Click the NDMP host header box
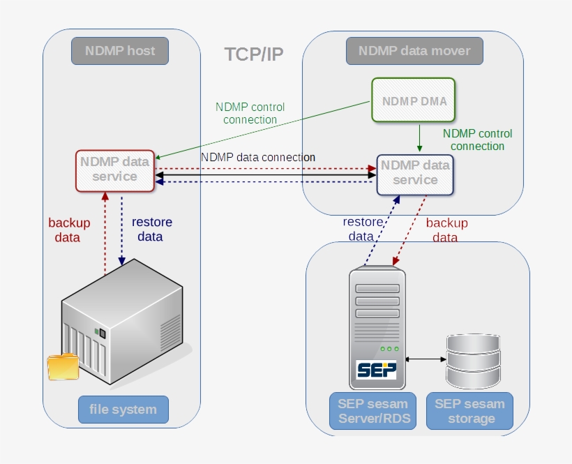tap(120, 51)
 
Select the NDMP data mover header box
tap(414, 51)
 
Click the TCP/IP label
tap(254, 54)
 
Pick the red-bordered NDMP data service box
tap(115, 170)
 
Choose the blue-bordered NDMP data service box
tap(415, 173)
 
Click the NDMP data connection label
tap(258, 157)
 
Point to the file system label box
tap(123, 409)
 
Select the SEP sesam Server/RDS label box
tap(373, 411)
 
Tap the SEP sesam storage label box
tap(469, 411)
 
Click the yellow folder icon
tap(63, 366)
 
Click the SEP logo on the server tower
tap(376, 369)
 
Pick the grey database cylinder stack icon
tap(474, 361)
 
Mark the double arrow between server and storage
tap(426, 359)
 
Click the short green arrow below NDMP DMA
tap(419, 138)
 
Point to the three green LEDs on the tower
tap(389, 348)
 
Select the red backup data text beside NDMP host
tap(69, 230)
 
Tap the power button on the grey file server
tap(102, 332)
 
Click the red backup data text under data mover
tap(446, 230)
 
